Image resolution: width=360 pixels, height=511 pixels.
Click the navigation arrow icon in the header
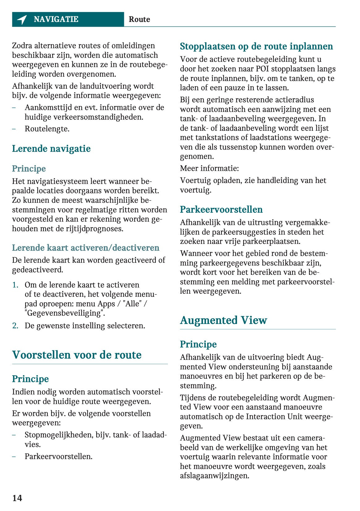click(22, 19)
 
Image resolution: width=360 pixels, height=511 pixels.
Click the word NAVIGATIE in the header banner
click(56, 19)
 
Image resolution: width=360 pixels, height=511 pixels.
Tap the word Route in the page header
click(139, 19)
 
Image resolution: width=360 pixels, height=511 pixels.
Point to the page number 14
click(17, 498)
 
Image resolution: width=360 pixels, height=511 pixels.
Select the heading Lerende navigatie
click(51, 149)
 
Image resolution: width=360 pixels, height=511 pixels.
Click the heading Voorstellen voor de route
click(77, 355)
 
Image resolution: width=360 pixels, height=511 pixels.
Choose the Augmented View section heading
click(223, 320)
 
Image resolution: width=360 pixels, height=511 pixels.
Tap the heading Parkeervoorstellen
click(221, 210)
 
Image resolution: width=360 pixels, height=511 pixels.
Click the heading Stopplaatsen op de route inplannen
click(256, 46)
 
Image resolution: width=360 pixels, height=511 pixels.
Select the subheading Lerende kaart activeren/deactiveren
click(86, 248)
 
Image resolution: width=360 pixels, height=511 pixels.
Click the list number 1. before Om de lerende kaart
click(15, 285)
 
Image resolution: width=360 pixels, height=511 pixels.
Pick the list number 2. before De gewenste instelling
click(15, 326)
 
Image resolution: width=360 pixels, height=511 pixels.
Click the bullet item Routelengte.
click(47, 129)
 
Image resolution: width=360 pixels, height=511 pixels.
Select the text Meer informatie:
click(210, 168)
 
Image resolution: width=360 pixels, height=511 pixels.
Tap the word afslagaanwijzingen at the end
click(214, 476)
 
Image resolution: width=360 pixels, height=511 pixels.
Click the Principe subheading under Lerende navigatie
click(29, 169)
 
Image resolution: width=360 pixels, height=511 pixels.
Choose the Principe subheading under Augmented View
click(198, 344)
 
